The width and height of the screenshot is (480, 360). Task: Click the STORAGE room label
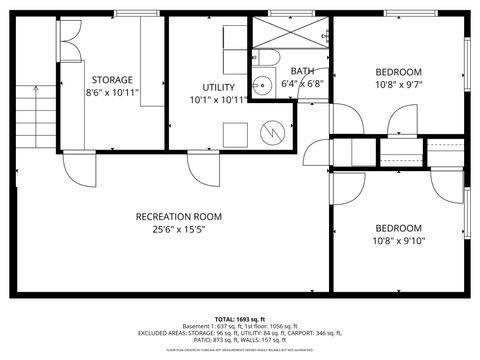pyautogui.click(x=112, y=79)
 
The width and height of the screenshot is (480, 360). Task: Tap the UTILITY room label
pyautogui.click(x=218, y=87)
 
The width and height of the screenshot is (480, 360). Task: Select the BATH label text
pyautogui.click(x=302, y=71)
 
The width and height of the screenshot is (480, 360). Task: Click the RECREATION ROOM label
pyautogui.click(x=179, y=216)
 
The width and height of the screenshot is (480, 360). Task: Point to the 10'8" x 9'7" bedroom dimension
pyautogui.click(x=398, y=85)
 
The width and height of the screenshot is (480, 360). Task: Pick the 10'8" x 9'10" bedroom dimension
pyautogui.click(x=398, y=240)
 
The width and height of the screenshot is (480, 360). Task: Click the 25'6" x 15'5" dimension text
pyautogui.click(x=179, y=230)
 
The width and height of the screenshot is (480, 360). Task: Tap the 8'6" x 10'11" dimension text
pyautogui.click(x=112, y=92)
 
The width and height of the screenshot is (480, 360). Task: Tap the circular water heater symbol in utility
pyautogui.click(x=273, y=132)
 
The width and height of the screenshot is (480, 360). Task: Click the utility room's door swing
pyautogui.click(x=203, y=166)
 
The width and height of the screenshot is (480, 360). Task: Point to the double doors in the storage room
pyautogui.click(x=69, y=40)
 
